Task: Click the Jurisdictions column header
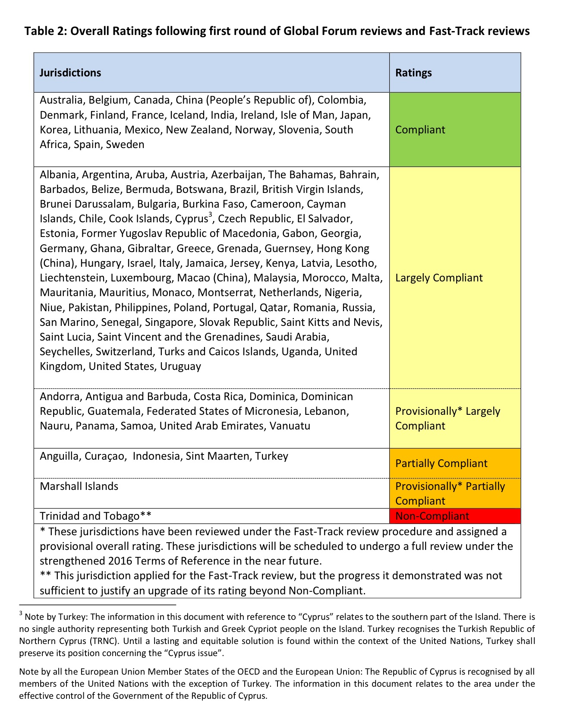[70, 73]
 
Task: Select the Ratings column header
[413, 73]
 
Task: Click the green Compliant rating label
[420, 129]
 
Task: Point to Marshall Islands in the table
[79, 486]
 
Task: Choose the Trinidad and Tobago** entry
[95, 516]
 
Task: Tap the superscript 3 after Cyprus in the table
[210, 215]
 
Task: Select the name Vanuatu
[290, 426]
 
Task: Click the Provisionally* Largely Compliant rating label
[448, 418]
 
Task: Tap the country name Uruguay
[180, 366]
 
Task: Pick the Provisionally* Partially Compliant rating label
[450, 493]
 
